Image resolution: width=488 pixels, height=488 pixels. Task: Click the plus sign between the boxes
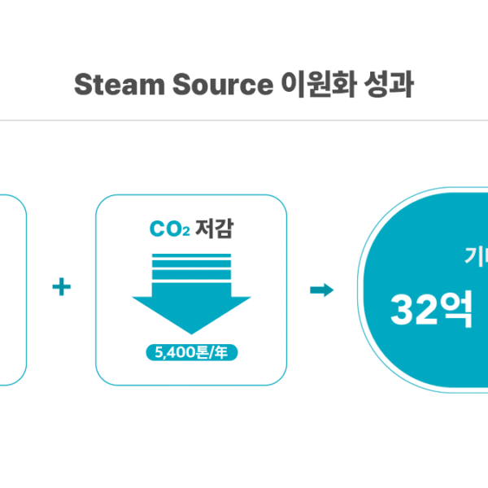[x=61, y=289]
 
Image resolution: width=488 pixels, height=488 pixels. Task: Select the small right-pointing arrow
[x=322, y=290]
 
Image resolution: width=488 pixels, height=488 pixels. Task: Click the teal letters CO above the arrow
[x=164, y=230]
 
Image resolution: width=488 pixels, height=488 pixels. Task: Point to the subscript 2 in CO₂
[x=185, y=233]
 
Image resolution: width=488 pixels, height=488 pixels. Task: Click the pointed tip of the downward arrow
[x=191, y=331]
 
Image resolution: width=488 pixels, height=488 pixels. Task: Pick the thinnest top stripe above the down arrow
[x=191, y=256]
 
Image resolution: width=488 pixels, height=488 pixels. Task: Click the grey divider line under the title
[x=244, y=121]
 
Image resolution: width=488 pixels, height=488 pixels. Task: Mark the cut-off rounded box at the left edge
[x=11, y=289]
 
